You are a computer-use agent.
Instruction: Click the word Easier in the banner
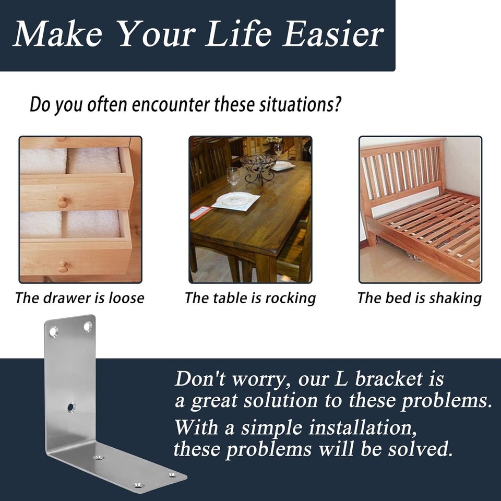point(333,34)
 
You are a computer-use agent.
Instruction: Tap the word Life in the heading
point(238,33)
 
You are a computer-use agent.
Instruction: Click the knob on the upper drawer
point(63,202)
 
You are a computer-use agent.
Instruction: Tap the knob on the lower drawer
point(63,267)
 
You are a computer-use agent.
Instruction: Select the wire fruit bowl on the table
point(259,168)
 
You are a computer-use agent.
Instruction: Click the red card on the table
point(200,213)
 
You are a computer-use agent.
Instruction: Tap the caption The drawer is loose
point(80,298)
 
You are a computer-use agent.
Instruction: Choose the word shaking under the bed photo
point(455,299)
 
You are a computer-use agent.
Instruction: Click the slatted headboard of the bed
point(402,173)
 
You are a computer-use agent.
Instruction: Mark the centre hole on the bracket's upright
point(71,408)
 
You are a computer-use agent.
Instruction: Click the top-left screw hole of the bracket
point(54,332)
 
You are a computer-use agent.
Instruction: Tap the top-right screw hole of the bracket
point(88,327)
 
